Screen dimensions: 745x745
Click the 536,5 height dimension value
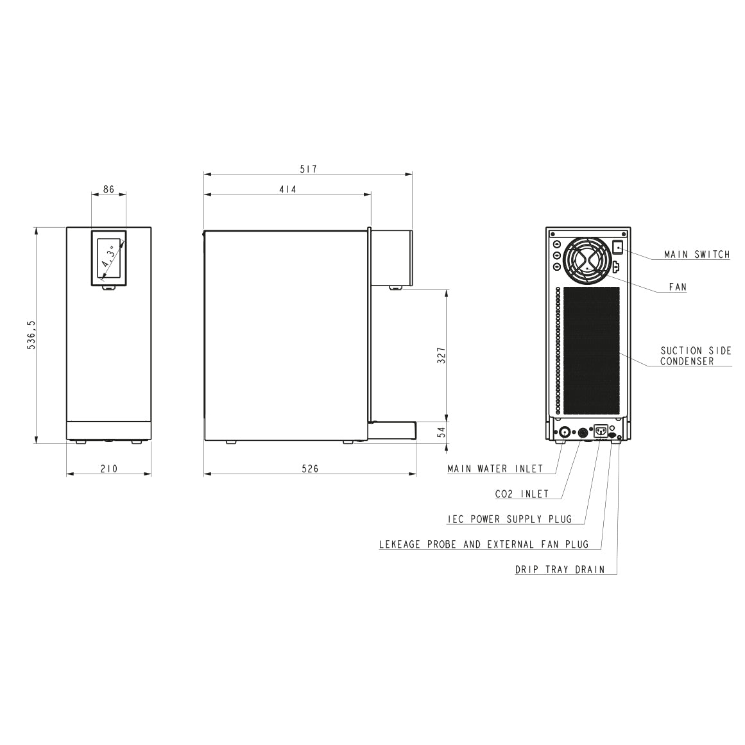click(30, 334)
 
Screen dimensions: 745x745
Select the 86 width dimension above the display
click(108, 189)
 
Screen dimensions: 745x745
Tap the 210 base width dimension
click(109, 468)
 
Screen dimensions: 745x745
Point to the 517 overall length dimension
click(309, 169)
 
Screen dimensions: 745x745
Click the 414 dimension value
click(287, 189)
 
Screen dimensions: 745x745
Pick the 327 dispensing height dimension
click(441, 355)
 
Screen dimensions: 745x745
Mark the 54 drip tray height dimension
click(441, 432)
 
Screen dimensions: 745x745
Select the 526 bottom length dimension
click(310, 468)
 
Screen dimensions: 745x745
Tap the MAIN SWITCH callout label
click(696, 255)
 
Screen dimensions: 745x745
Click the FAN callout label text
click(678, 287)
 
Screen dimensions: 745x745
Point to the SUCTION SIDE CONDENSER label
click(696, 356)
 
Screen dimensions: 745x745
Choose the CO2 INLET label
click(522, 493)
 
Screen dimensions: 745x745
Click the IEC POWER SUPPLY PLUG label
click(509, 518)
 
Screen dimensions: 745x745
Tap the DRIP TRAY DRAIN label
click(560, 569)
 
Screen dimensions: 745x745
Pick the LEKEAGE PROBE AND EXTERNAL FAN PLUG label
click(483, 544)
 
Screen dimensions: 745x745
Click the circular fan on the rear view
click(588, 261)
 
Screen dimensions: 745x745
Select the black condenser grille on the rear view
click(590, 350)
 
